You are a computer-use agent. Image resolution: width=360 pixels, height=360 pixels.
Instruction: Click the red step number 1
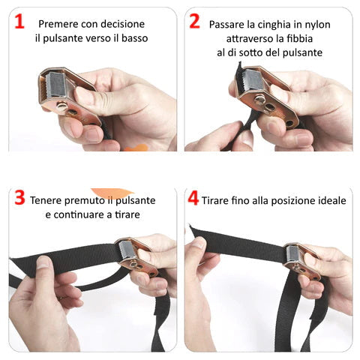pos(19,22)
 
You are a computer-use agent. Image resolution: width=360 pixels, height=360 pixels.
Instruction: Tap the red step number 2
pos(195,22)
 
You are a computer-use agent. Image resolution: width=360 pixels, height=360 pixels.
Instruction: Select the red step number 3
pos(19,198)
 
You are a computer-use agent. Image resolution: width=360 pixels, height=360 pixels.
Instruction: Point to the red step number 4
pos(193,198)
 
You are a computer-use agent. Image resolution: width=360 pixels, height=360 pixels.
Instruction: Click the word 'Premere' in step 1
pos(58,24)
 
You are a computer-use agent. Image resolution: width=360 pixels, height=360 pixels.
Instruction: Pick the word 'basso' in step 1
pos(134,38)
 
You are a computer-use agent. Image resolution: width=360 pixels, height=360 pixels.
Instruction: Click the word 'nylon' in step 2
pos(317,25)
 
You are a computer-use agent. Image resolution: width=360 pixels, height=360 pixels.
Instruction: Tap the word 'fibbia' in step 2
pos(299,39)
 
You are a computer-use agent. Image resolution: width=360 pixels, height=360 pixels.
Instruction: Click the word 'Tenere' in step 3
pos(45,200)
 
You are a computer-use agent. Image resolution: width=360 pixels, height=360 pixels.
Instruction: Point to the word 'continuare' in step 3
pos(79,214)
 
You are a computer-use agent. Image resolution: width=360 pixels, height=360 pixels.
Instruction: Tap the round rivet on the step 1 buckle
pos(62,106)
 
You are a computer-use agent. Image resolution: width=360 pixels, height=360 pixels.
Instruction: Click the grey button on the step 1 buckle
pos(55,84)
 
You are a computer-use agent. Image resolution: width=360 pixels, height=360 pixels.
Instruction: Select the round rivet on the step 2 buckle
pos(260,100)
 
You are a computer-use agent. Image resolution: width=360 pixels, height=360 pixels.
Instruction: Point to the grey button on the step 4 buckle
pos(292,253)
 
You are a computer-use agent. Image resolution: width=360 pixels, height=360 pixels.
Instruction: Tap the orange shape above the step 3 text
pos(112,193)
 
